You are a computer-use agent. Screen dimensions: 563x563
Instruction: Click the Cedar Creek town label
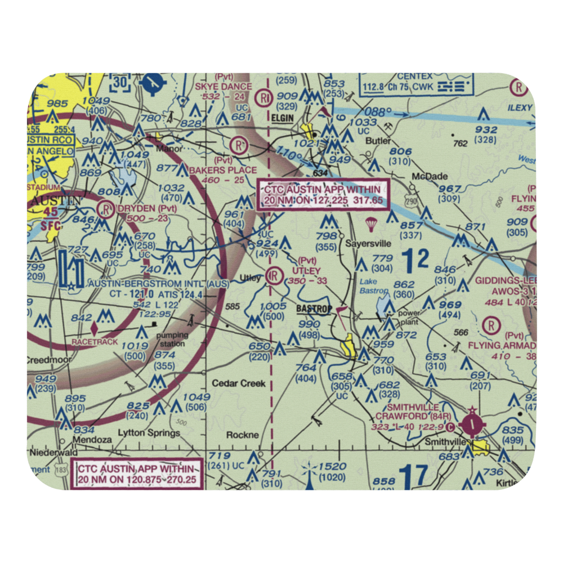pos(238,383)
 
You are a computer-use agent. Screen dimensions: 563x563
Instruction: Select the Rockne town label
pos(242,435)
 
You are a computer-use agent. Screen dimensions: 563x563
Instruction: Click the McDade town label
pos(430,176)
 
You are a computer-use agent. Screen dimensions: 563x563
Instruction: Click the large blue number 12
pos(417,259)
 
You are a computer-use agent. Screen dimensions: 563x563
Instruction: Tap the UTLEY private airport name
pos(306,271)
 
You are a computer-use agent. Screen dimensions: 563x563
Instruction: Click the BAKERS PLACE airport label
pos(223,170)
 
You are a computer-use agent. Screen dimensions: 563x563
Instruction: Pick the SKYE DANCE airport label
pos(223,86)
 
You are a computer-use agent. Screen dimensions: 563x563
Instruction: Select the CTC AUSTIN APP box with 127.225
pos(323,195)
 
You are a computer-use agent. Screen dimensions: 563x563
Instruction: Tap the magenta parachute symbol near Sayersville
pos(370,224)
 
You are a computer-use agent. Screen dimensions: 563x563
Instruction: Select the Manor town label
pos(158,149)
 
